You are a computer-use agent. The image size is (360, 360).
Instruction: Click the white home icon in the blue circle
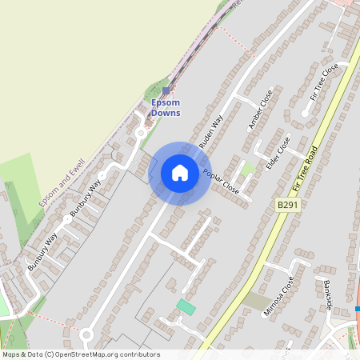(180, 173)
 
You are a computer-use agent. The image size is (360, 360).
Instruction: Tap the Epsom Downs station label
(166, 107)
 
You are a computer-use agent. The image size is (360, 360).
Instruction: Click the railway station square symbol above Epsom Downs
(166, 90)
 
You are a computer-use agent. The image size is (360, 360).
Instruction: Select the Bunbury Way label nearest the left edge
(41, 253)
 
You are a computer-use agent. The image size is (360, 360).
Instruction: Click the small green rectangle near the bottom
(186, 307)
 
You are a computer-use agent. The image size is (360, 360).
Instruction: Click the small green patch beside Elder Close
(248, 168)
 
